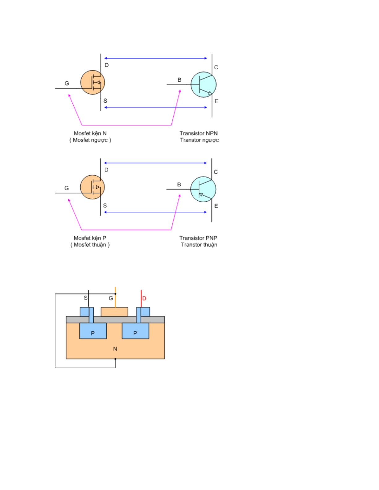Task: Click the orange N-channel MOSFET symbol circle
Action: click(93, 82)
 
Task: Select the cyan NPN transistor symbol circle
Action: click(203, 84)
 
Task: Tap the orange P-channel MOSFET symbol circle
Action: click(92, 187)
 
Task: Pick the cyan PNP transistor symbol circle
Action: click(203, 189)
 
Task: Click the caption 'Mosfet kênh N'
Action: click(90, 133)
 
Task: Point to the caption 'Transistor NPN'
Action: click(199, 133)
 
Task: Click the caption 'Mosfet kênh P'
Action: click(90, 238)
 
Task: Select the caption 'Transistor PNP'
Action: click(198, 238)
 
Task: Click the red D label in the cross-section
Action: click(144, 298)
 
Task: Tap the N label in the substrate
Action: click(115, 349)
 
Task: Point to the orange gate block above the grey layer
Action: click(114, 312)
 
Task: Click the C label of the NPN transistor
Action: click(216, 67)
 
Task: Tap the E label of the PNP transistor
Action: click(216, 206)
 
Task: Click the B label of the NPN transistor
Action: click(179, 80)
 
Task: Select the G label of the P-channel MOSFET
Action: click(67, 188)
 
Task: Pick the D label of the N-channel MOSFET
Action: click(106, 65)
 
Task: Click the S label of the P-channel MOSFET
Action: click(105, 206)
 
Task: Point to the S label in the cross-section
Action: click(86, 298)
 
